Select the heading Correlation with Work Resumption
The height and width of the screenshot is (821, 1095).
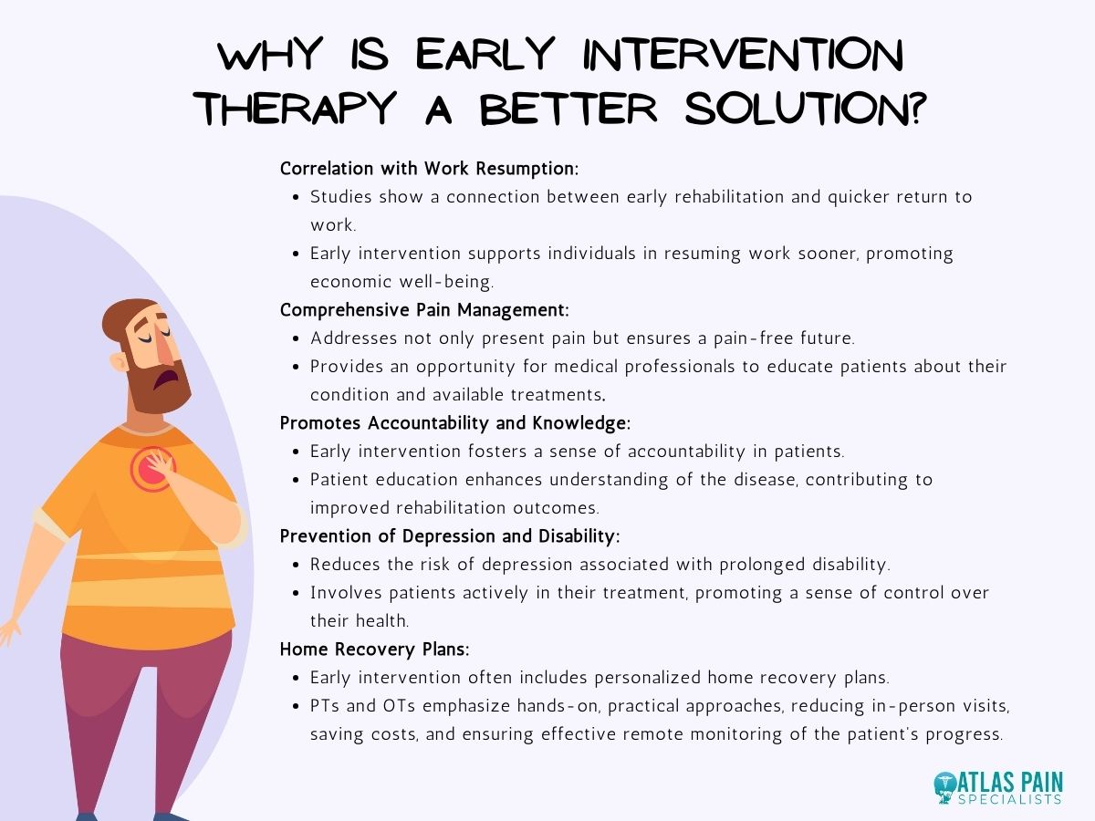430,169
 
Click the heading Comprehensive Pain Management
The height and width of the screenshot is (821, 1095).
424,310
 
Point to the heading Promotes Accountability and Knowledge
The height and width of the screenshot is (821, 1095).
454,423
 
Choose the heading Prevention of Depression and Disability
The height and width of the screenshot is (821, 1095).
450,536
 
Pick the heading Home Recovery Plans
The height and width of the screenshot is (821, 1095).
375,650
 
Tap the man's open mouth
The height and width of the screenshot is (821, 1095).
165,375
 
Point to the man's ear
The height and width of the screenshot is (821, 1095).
120,361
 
